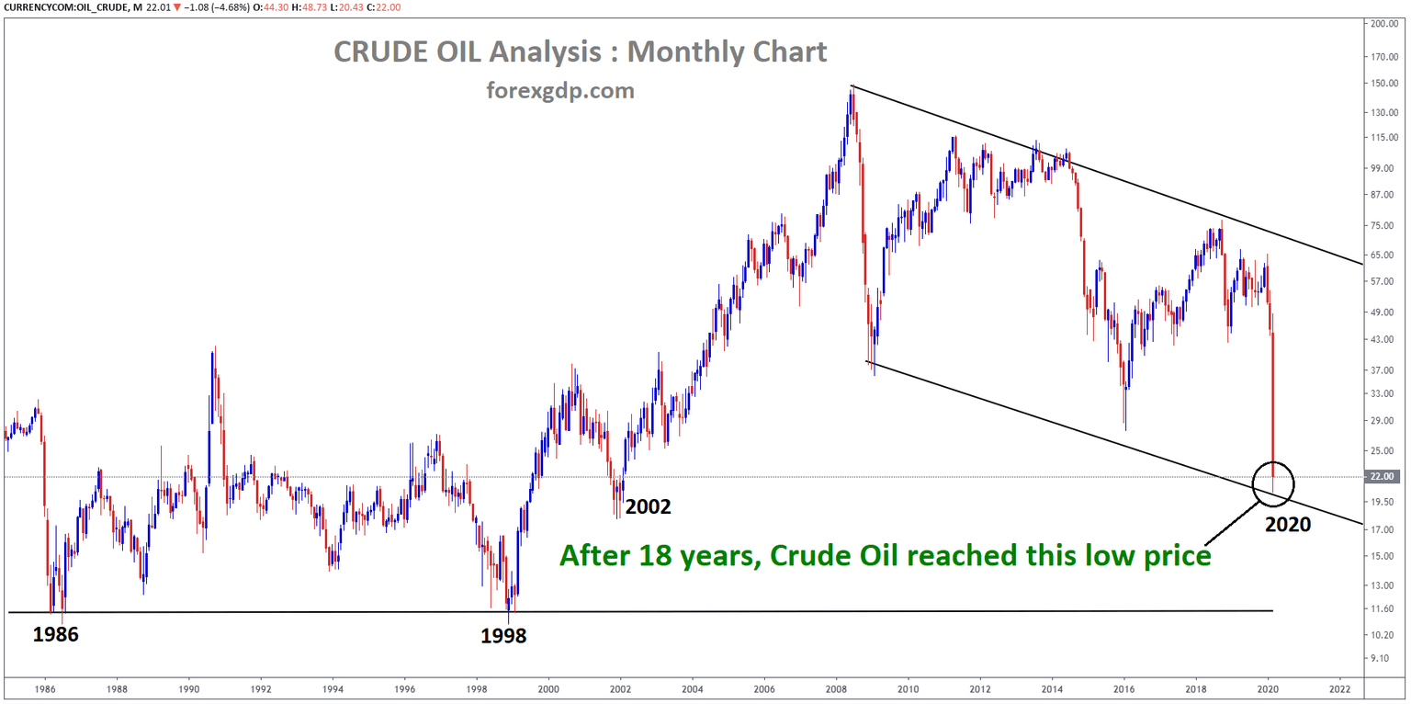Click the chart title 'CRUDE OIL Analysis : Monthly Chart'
(580, 52)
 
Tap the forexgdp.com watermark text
(559, 91)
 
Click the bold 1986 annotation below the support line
(56, 634)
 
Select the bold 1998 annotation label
(503, 635)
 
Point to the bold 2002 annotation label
(649, 506)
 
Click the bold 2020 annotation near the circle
(1287, 525)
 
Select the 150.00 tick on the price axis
(1383, 83)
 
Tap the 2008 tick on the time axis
(836, 687)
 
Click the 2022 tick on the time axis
(1339, 687)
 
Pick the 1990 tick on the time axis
(188, 687)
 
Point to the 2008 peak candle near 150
(852, 90)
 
